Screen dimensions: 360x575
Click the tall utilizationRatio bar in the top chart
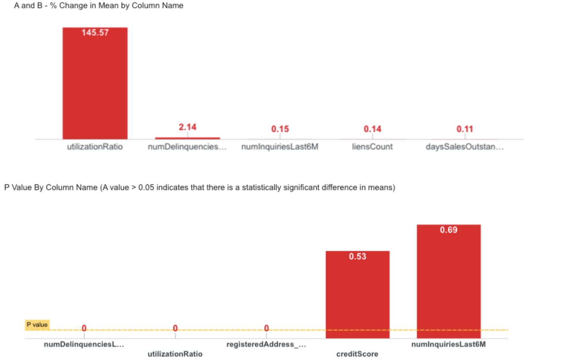(x=95, y=87)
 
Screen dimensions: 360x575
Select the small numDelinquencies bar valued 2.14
(x=187, y=138)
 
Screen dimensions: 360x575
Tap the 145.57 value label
(x=95, y=33)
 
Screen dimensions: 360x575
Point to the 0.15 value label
(x=280, y=129)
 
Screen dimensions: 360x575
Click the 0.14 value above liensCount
(x=372, y=129)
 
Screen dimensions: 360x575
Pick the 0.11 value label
(x=465, y=129)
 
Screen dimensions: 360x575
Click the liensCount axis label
(x=372, y=147)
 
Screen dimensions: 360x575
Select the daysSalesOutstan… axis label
(x=465, y=147)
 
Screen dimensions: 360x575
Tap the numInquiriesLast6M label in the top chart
(x=280, y=147)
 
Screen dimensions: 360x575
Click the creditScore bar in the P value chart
(x=357, y=298)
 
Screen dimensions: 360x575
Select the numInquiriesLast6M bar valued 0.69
(x=449, y=282)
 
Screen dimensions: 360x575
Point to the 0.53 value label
(x=357, y=257)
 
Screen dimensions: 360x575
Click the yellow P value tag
(x=37, y=325)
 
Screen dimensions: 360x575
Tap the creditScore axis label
(x=357, y=354)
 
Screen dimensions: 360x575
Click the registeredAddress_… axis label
(x=266, y=345)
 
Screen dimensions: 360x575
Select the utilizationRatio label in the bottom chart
(x=175, y=354)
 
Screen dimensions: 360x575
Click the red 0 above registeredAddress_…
(x=266, y=328)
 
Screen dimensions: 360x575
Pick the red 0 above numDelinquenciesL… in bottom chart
(x=84, y=328)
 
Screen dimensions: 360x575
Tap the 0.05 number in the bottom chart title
(x=146, y=188)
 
